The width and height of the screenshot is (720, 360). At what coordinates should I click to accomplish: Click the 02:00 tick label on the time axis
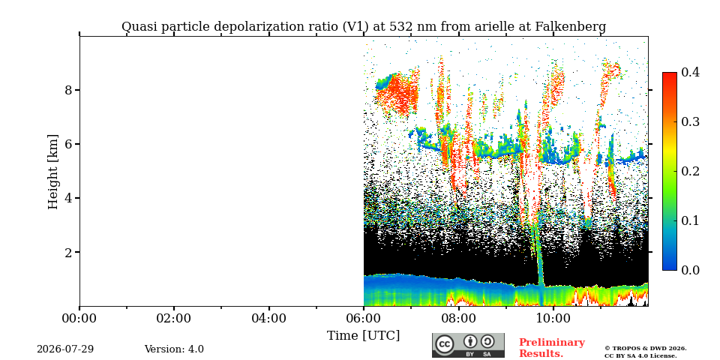pyautogui.click(x=174, y=318)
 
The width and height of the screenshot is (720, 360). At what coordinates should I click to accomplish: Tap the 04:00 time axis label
pyautogui.click(x=268, y=318)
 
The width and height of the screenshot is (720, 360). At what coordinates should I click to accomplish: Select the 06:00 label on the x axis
pyautogui.click(x=364, y=318)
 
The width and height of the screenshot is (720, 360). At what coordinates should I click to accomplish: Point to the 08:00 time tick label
pyautogui.click(x=458, y=318)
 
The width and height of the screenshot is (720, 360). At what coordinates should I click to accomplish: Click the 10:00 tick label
pyautogui.click(x=553, y=318)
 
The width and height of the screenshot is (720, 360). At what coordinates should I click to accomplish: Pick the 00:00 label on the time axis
pyautogui.click(x=79, y=318)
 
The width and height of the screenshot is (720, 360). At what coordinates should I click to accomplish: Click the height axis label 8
pyautogui.click(x=68, y=90)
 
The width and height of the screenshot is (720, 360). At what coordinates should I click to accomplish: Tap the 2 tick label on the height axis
pyautogui.click(x=68, y=252)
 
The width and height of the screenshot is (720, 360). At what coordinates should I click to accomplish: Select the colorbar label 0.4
pyautogui.click(x=690, y=72)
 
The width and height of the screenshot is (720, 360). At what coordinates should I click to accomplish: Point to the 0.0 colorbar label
pyautogui.click(x=690, y=270)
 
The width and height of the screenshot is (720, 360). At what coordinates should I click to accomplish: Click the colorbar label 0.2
pyautogui.click(x=690, y=171)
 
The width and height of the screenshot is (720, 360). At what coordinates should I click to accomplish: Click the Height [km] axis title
pyautogui.click(x=53, y=172)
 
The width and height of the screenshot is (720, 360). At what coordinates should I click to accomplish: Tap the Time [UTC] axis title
pyautogui.click(x=364, y=336)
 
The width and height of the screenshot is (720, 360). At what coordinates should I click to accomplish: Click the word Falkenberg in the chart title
pyautogui.click(x=571, y=27)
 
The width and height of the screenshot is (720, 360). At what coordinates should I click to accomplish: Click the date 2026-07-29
pyautogui.click(x=65, y=349)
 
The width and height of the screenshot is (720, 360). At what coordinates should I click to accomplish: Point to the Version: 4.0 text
pyautogui.click(x=174, y=349)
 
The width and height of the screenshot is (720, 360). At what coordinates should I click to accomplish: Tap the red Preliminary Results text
pyautogui.click(x=552, y=347)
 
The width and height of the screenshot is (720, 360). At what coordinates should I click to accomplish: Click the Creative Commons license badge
pyautogui.click(x=468, y=345)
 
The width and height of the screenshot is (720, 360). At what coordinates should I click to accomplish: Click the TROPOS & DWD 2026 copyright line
pyautogui.click(x=646, y=349)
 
